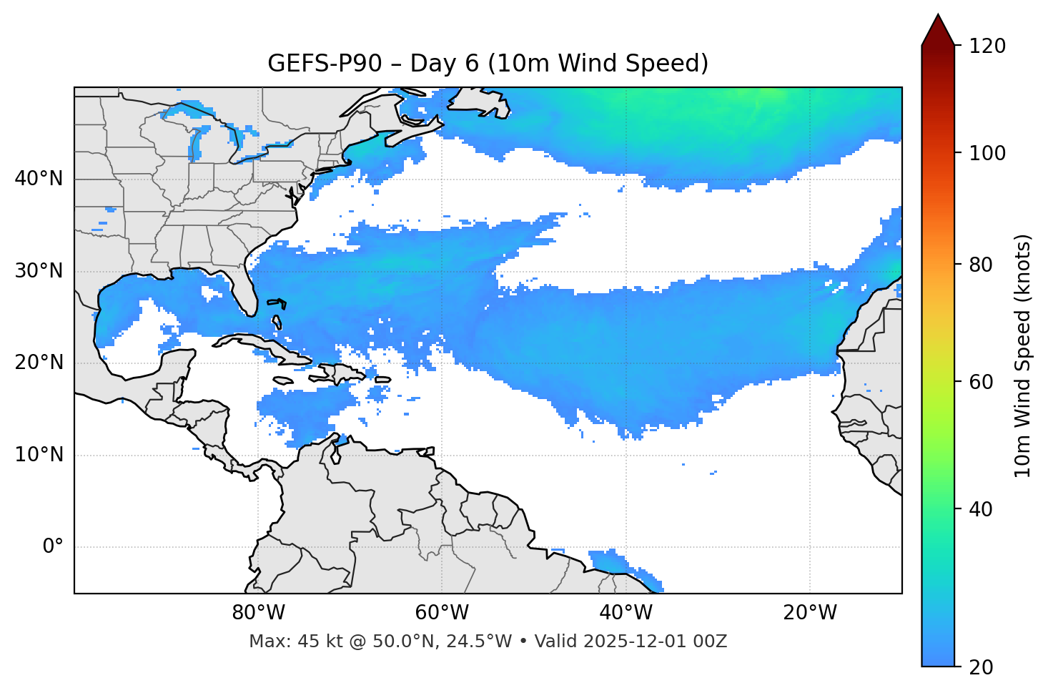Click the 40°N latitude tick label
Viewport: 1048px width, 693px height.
39,179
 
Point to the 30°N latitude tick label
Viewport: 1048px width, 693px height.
39,271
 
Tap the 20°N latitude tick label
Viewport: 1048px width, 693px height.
39,363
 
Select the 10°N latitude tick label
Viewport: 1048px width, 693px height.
39,455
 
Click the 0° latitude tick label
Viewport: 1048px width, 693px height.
53,547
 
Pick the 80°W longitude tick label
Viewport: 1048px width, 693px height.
258,613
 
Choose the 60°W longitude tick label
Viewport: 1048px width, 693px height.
442,613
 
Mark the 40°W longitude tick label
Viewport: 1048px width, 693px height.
626,613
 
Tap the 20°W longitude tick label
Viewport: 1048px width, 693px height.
810,613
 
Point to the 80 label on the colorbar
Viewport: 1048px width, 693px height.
984,265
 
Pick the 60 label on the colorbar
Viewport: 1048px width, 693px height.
984,382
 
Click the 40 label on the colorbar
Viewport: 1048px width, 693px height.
984,509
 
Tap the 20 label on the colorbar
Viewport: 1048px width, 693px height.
984,667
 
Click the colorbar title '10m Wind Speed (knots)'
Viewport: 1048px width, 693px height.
1023,355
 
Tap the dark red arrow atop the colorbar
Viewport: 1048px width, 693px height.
938,31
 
